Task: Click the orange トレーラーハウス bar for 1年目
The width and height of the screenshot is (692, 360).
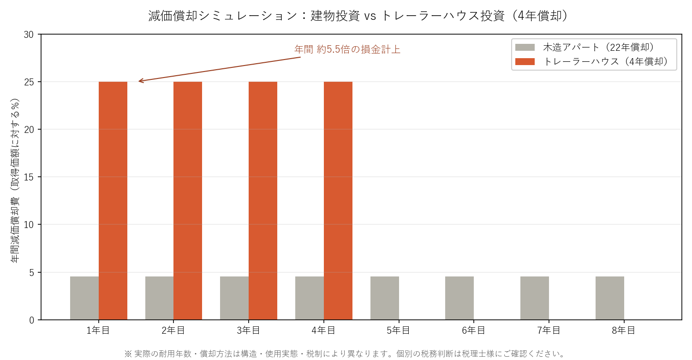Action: pos(113,201)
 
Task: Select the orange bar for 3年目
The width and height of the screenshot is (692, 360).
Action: pos(263,201)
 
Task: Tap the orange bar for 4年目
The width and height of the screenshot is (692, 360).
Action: pos(338,201)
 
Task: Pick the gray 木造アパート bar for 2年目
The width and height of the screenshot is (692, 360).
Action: pos(159,298)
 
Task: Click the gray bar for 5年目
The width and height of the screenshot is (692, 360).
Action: pos(385,298)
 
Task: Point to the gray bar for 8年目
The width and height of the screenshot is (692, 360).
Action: pos(610,298)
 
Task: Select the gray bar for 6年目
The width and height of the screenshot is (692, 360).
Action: pos(459,298)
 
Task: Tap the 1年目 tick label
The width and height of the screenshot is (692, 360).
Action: pos(99,330)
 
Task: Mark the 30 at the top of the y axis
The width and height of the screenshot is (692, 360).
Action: pos(30,35)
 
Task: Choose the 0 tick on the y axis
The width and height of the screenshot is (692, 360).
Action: pos(33,320)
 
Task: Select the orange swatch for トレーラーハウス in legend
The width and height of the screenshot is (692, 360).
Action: pos(525,61)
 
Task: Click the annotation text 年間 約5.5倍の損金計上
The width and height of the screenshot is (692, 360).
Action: pos(347,49)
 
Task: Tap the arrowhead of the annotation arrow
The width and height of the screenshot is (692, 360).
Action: pos(139,82)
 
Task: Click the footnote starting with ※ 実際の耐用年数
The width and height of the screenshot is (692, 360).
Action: pos(345,354)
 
